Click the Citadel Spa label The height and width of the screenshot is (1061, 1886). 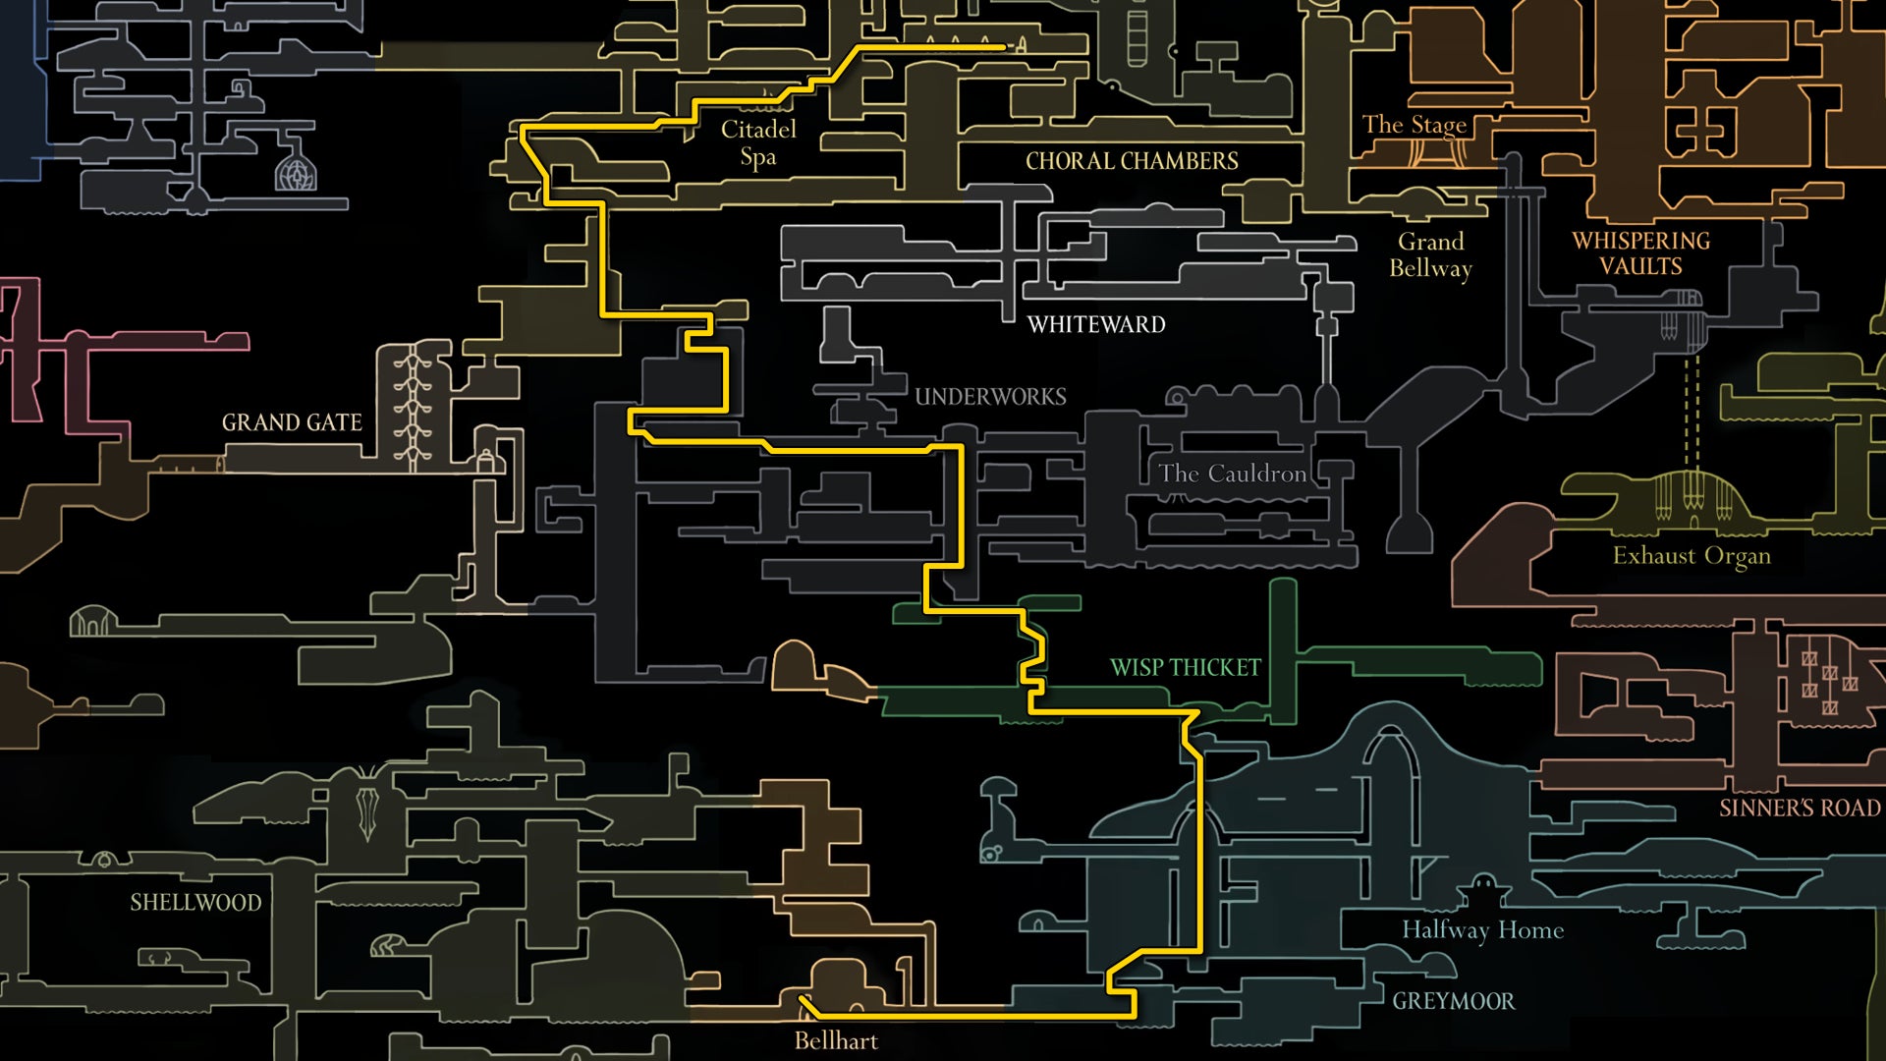coord(758,142)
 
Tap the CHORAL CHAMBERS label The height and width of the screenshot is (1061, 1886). coord(1132,161)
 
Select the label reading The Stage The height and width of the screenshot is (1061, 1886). coord(1414,125)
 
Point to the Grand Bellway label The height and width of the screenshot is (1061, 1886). coord(1430,254)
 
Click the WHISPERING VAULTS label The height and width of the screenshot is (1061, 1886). coord(1640,253)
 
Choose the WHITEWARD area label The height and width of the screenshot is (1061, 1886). coord(1096,324)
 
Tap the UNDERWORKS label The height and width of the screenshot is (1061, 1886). coord(990,397)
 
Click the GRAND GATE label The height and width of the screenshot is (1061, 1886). coord(292,422)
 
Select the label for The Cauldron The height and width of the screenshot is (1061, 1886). coord(1232,474)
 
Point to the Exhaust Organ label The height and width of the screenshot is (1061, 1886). coord(1691,556)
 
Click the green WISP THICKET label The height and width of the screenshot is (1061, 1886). coord(1185,668)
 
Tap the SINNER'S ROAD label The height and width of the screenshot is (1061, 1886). coord(1800,808)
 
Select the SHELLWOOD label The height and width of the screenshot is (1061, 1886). coord(195,903)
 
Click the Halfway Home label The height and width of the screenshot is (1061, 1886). coord(1482,929)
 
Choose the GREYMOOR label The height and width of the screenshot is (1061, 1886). coord(1453,1001)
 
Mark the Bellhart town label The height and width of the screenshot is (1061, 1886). coord(836,1040)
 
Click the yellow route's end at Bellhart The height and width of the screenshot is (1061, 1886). coord(803,999)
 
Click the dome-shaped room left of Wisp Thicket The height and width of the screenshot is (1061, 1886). coord(796,666)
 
